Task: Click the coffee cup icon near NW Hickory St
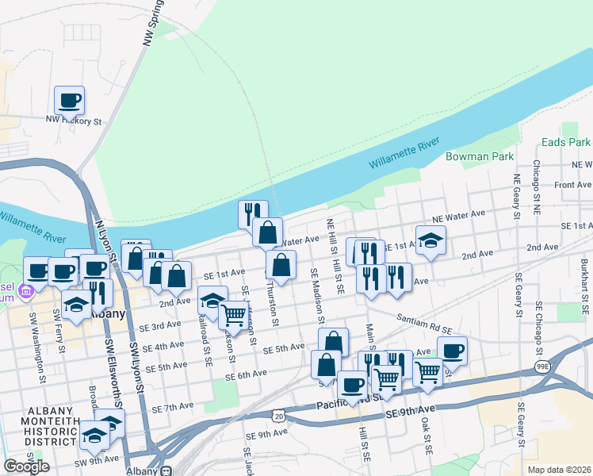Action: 69,100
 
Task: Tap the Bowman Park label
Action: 480,157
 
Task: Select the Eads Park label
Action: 566,142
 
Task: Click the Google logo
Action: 26,466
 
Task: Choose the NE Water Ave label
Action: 458,215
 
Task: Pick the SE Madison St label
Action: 318,296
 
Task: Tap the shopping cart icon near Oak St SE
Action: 427,370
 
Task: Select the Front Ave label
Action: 573,185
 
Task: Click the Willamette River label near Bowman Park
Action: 404,154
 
